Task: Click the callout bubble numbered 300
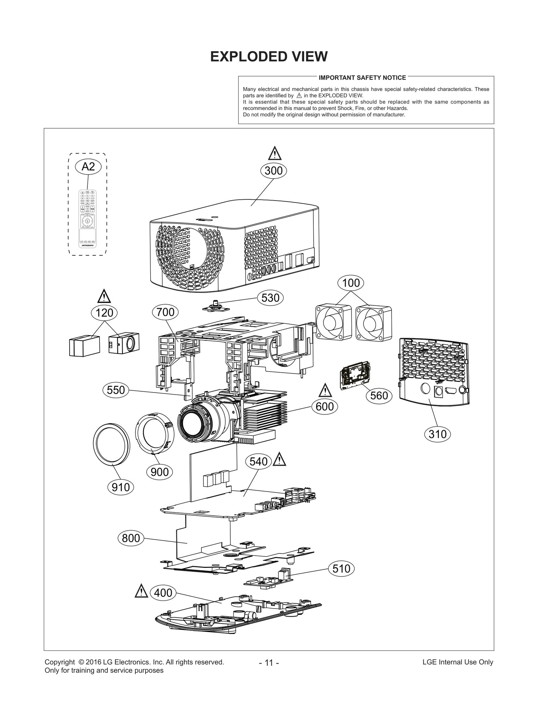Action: (x=273, y=171)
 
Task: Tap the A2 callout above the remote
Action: (x=88, y=167)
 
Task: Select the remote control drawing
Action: (x=87, y=219)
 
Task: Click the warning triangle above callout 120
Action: (x=104, y=296)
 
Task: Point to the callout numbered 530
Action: (x=270, y=298)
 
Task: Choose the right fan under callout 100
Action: (x=374, y=323)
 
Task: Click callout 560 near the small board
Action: (x=379, y=396)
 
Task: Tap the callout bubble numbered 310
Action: (x=437, y=434)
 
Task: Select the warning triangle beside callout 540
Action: (x=279, y=460)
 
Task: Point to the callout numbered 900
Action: (x=160, y=472)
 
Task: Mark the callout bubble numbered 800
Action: (x=131, y=538)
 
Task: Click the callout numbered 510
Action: (x=341, y=569)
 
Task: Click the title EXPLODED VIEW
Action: (x=269, y=57)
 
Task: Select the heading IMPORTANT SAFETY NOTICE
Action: (x=362, y=78)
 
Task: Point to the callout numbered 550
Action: (x=116, y=390)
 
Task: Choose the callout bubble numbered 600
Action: (x=324, y=407)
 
